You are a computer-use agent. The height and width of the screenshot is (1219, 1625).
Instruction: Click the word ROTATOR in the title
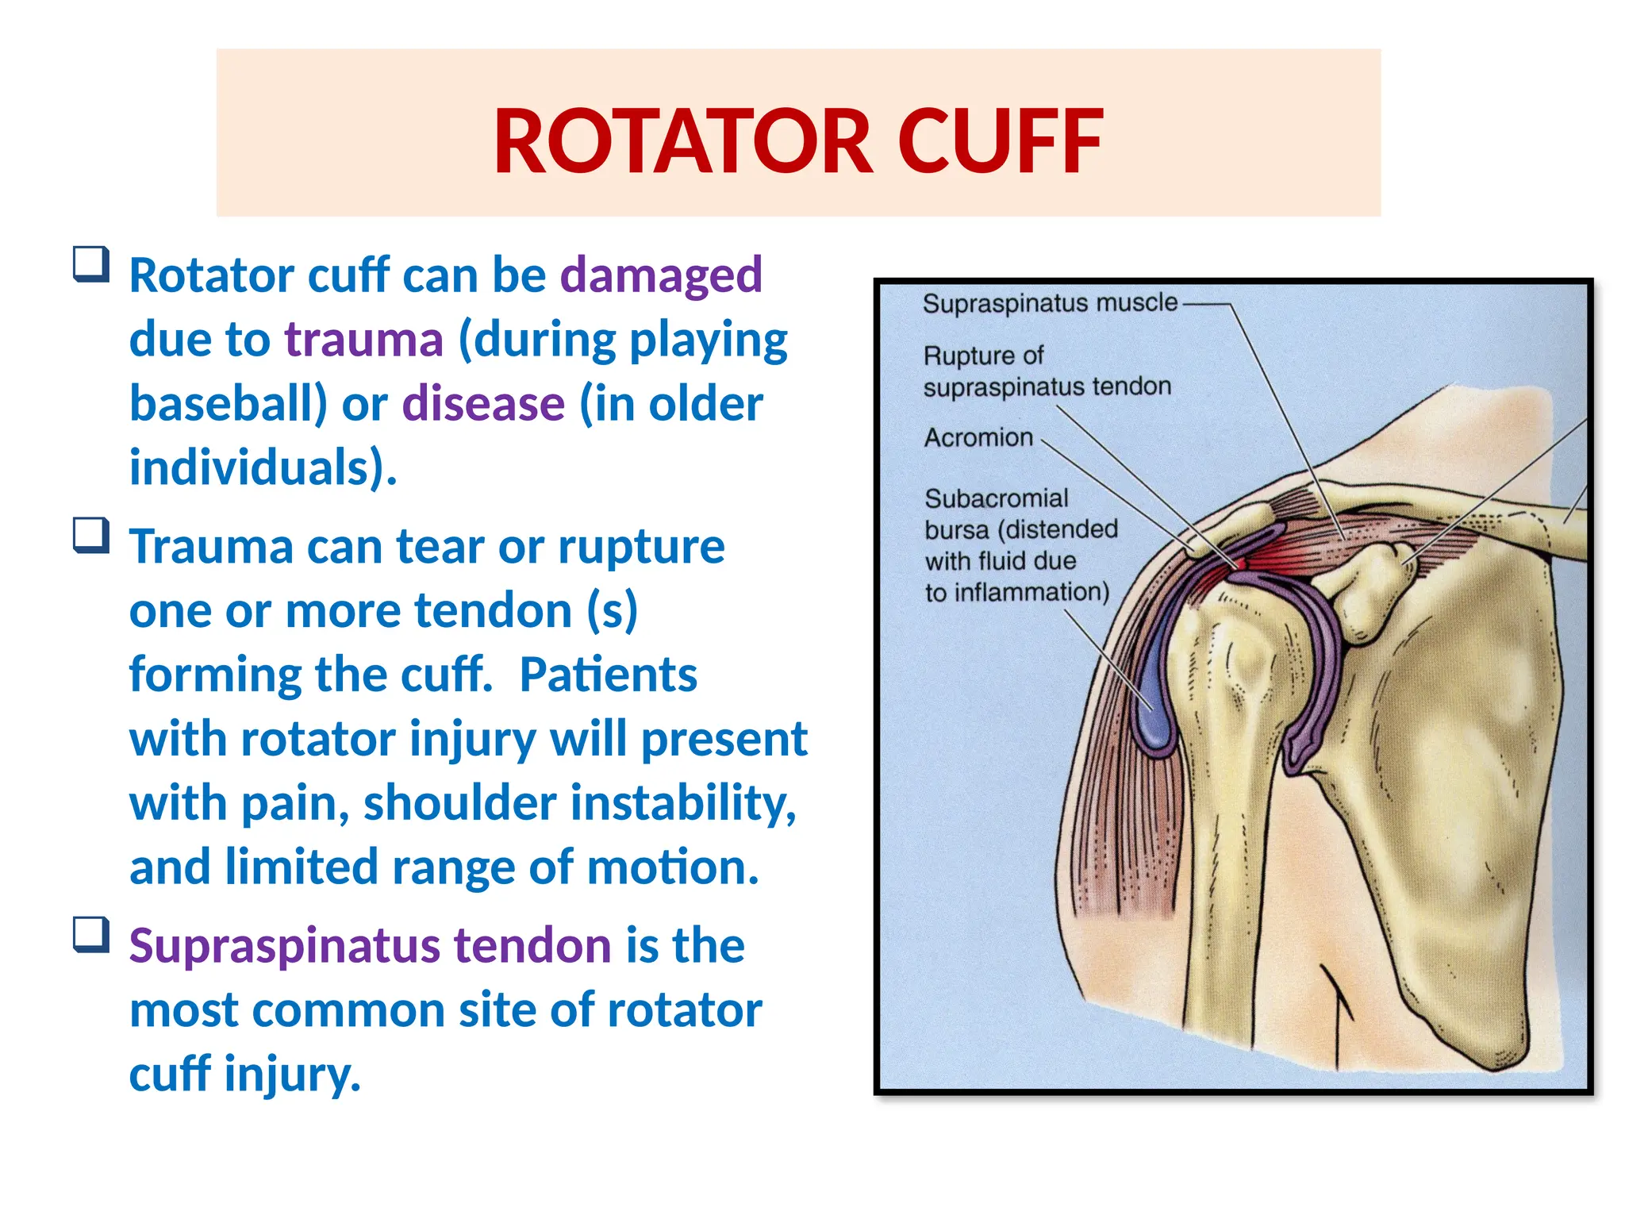[683, 142]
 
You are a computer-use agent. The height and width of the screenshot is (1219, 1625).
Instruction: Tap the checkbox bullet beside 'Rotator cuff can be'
[90, 264]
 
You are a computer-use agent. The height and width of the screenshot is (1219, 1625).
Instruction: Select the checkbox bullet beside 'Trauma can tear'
[90, 536]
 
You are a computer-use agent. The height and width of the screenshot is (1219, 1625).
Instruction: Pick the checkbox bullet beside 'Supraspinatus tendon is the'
[90, 935]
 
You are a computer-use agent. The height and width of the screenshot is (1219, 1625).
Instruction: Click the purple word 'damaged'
[661, 275]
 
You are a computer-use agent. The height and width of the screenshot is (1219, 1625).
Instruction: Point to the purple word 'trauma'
[363, 340]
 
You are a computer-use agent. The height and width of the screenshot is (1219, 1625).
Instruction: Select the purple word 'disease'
[483, 404]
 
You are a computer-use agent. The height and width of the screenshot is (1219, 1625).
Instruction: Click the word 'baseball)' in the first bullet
[229, 404]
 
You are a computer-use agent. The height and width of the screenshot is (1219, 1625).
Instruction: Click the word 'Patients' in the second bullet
[608, 675]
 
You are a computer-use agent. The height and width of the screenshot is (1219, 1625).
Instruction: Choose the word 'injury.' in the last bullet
[293, 1075]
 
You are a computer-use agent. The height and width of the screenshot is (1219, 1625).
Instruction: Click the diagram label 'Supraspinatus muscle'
[1049, 303]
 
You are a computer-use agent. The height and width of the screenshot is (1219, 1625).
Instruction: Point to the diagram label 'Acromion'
[978, 437]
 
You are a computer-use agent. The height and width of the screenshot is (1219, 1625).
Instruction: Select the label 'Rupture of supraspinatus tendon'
[1046, 371]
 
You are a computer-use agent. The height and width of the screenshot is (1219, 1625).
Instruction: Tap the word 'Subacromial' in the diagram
[996, 498]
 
